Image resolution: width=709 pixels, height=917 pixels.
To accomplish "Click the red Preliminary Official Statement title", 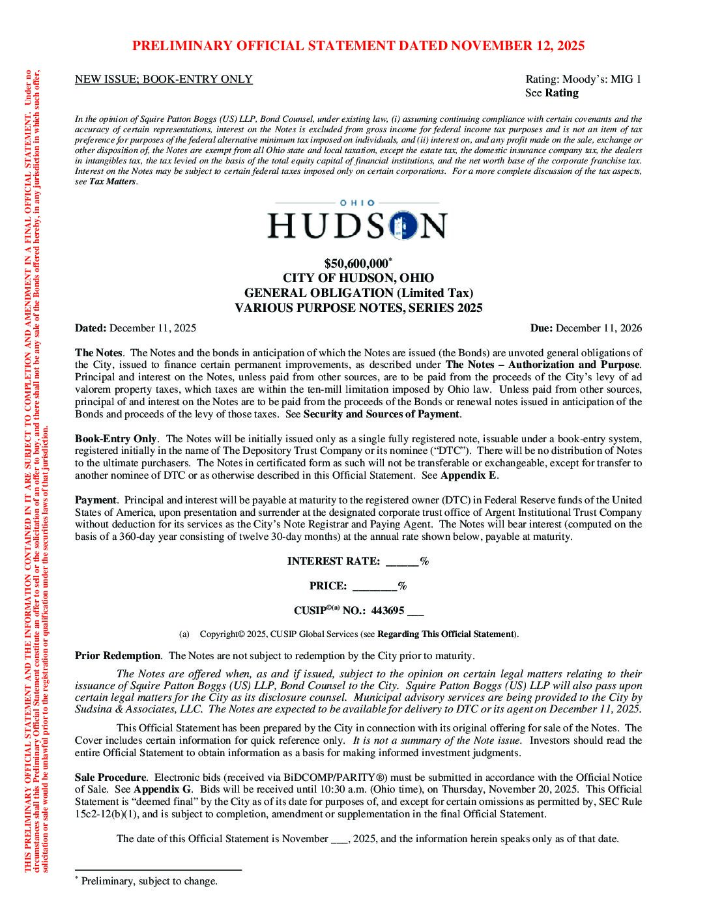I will [x=358, y=46].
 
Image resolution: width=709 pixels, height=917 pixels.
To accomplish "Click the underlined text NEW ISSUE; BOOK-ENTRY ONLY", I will [x=164, y=79].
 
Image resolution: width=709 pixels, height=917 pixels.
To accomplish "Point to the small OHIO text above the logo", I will [x=358, y=203].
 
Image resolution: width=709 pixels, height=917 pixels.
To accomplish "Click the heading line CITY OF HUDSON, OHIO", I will [x=358, y=278].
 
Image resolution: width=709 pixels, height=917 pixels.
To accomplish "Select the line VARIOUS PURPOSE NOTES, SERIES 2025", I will [x=358, y=308].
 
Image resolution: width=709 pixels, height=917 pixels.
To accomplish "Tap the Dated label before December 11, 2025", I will [x=91, y=328].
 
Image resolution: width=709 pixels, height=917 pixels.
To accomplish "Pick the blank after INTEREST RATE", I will [x=403, y=561].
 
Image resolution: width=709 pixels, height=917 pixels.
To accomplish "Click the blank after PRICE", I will [x=375, y=586].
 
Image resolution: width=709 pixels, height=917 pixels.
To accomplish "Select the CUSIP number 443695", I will [x=388, y=611].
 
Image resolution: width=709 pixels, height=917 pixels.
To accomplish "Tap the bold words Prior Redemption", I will [x=117, y=656].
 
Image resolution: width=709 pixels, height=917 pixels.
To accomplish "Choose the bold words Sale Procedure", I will [x=110, y=778].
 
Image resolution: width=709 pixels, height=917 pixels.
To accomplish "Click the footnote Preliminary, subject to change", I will [x=149, y=881].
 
